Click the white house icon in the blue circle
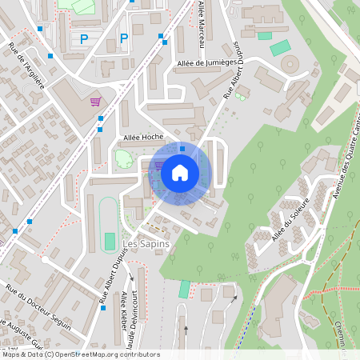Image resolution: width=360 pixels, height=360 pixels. pyautogui.click(x=180, y=173)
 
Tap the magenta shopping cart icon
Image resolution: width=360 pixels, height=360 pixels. pyautogui.click(x=96, y=102)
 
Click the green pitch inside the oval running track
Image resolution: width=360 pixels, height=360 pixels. pyautogui.click(x=110, y=241)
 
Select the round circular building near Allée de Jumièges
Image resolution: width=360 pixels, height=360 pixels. pyautogui.click(x=288, y=63)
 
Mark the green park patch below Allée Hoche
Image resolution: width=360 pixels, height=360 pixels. pyautogui.click(x=123, y=159)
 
